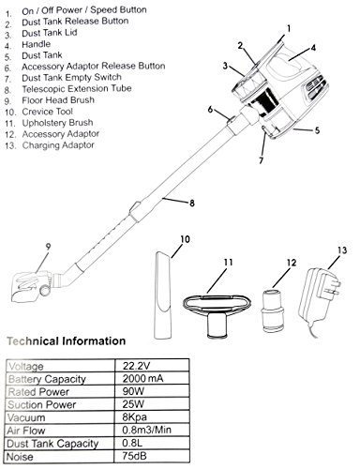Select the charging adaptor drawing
click(319, 302)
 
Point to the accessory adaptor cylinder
click(272, 310)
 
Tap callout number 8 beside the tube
click(192, 204)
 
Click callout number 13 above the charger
click(342, 250)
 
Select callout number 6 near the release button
click(210, 110)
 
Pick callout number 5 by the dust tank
click(317, 130)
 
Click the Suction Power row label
click(42, 404)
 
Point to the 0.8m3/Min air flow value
click(146, 430)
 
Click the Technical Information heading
click(67, 340)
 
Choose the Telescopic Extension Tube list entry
click(77, 89)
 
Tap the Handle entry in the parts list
click(36, 44)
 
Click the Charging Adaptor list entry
click(58, 145)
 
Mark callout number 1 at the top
click(289, 29)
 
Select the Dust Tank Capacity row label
click(52, 444)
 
